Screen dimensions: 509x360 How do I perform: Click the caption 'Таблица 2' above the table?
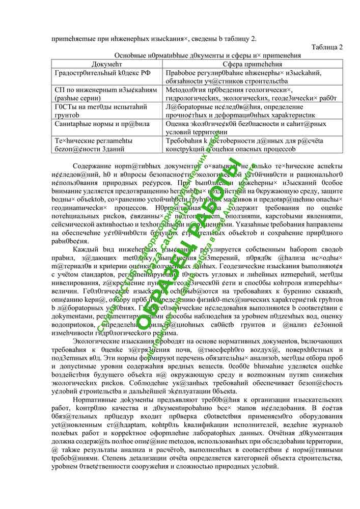tap(326, 48)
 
